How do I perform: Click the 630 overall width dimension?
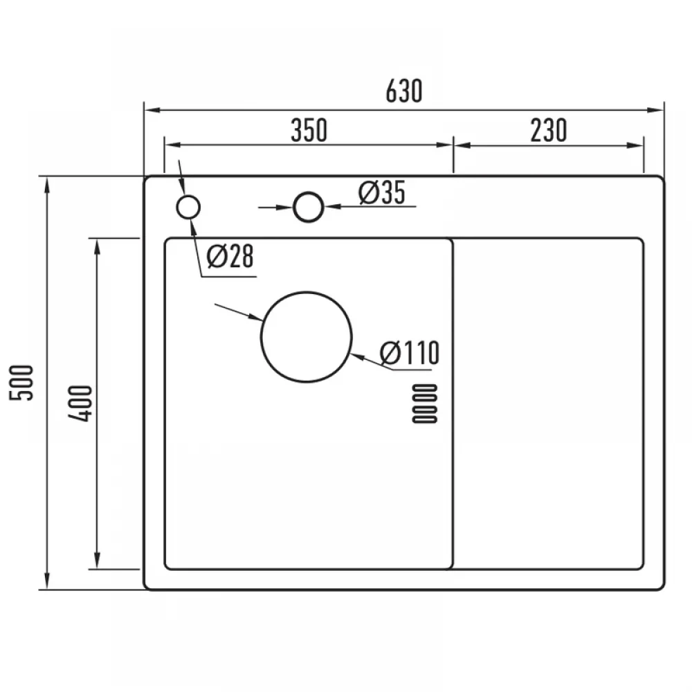click(x=404, y=91)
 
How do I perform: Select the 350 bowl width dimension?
click(x=309, y=130)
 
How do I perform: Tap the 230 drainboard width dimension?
click(x=549, y=130)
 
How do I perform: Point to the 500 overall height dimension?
click(x=21, y=383)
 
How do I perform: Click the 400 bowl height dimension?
click(x=80, y=403)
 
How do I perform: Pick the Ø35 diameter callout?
click(x=382, y=193)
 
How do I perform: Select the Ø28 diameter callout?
click(x=230, y=257)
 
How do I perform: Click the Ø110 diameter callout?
click(x=409, y=353)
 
